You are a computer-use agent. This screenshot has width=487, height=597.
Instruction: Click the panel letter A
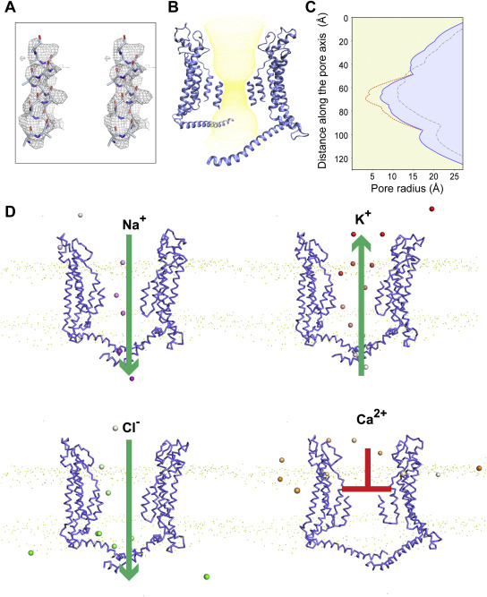pyautogui.click(x=10, y=6)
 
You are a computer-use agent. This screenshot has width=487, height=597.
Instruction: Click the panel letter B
pyautogui.click(x=173, y=6)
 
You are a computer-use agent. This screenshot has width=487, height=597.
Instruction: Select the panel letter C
pyautogui.click(x=311, y=6)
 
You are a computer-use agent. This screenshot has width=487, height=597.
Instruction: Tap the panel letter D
pyautogui.click(x=10, y=211)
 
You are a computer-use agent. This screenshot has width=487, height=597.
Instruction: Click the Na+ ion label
pyautogui.click(x=134, y=223)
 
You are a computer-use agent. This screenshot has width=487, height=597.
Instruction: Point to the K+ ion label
pyautogui.click(x=363, y=218)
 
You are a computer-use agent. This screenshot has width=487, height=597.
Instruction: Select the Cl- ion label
pyautogui.click(x=131, y=427)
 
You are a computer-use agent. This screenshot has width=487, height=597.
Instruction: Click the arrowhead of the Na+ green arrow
pyautogui.click(x=129, y=367)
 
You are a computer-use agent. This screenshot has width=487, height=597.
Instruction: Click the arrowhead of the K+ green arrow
pyautogui.click(x=362, y=243)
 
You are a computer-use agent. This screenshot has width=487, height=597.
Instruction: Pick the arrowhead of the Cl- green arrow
pyautogui.click(x=129, y=572)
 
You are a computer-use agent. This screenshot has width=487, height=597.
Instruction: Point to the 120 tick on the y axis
pyautogui.click(x=341, y=158)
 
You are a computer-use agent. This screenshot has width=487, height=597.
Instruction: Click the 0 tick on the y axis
pyautogui.click(x=346, y=18)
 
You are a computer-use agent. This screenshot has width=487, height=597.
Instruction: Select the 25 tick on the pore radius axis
pyautogui.click(x=454, y=176)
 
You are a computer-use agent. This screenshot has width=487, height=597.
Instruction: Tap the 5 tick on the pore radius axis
pyautogui.click(x=372, y=176)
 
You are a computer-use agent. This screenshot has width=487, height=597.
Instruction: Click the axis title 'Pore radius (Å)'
pyautogui.click(x=407, y=188)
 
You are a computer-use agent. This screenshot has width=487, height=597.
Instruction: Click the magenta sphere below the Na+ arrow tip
pyautogui.click(x=132, y=379)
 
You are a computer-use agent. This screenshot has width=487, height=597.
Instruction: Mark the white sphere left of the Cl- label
pyautogui.click(x=115, y=429)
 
